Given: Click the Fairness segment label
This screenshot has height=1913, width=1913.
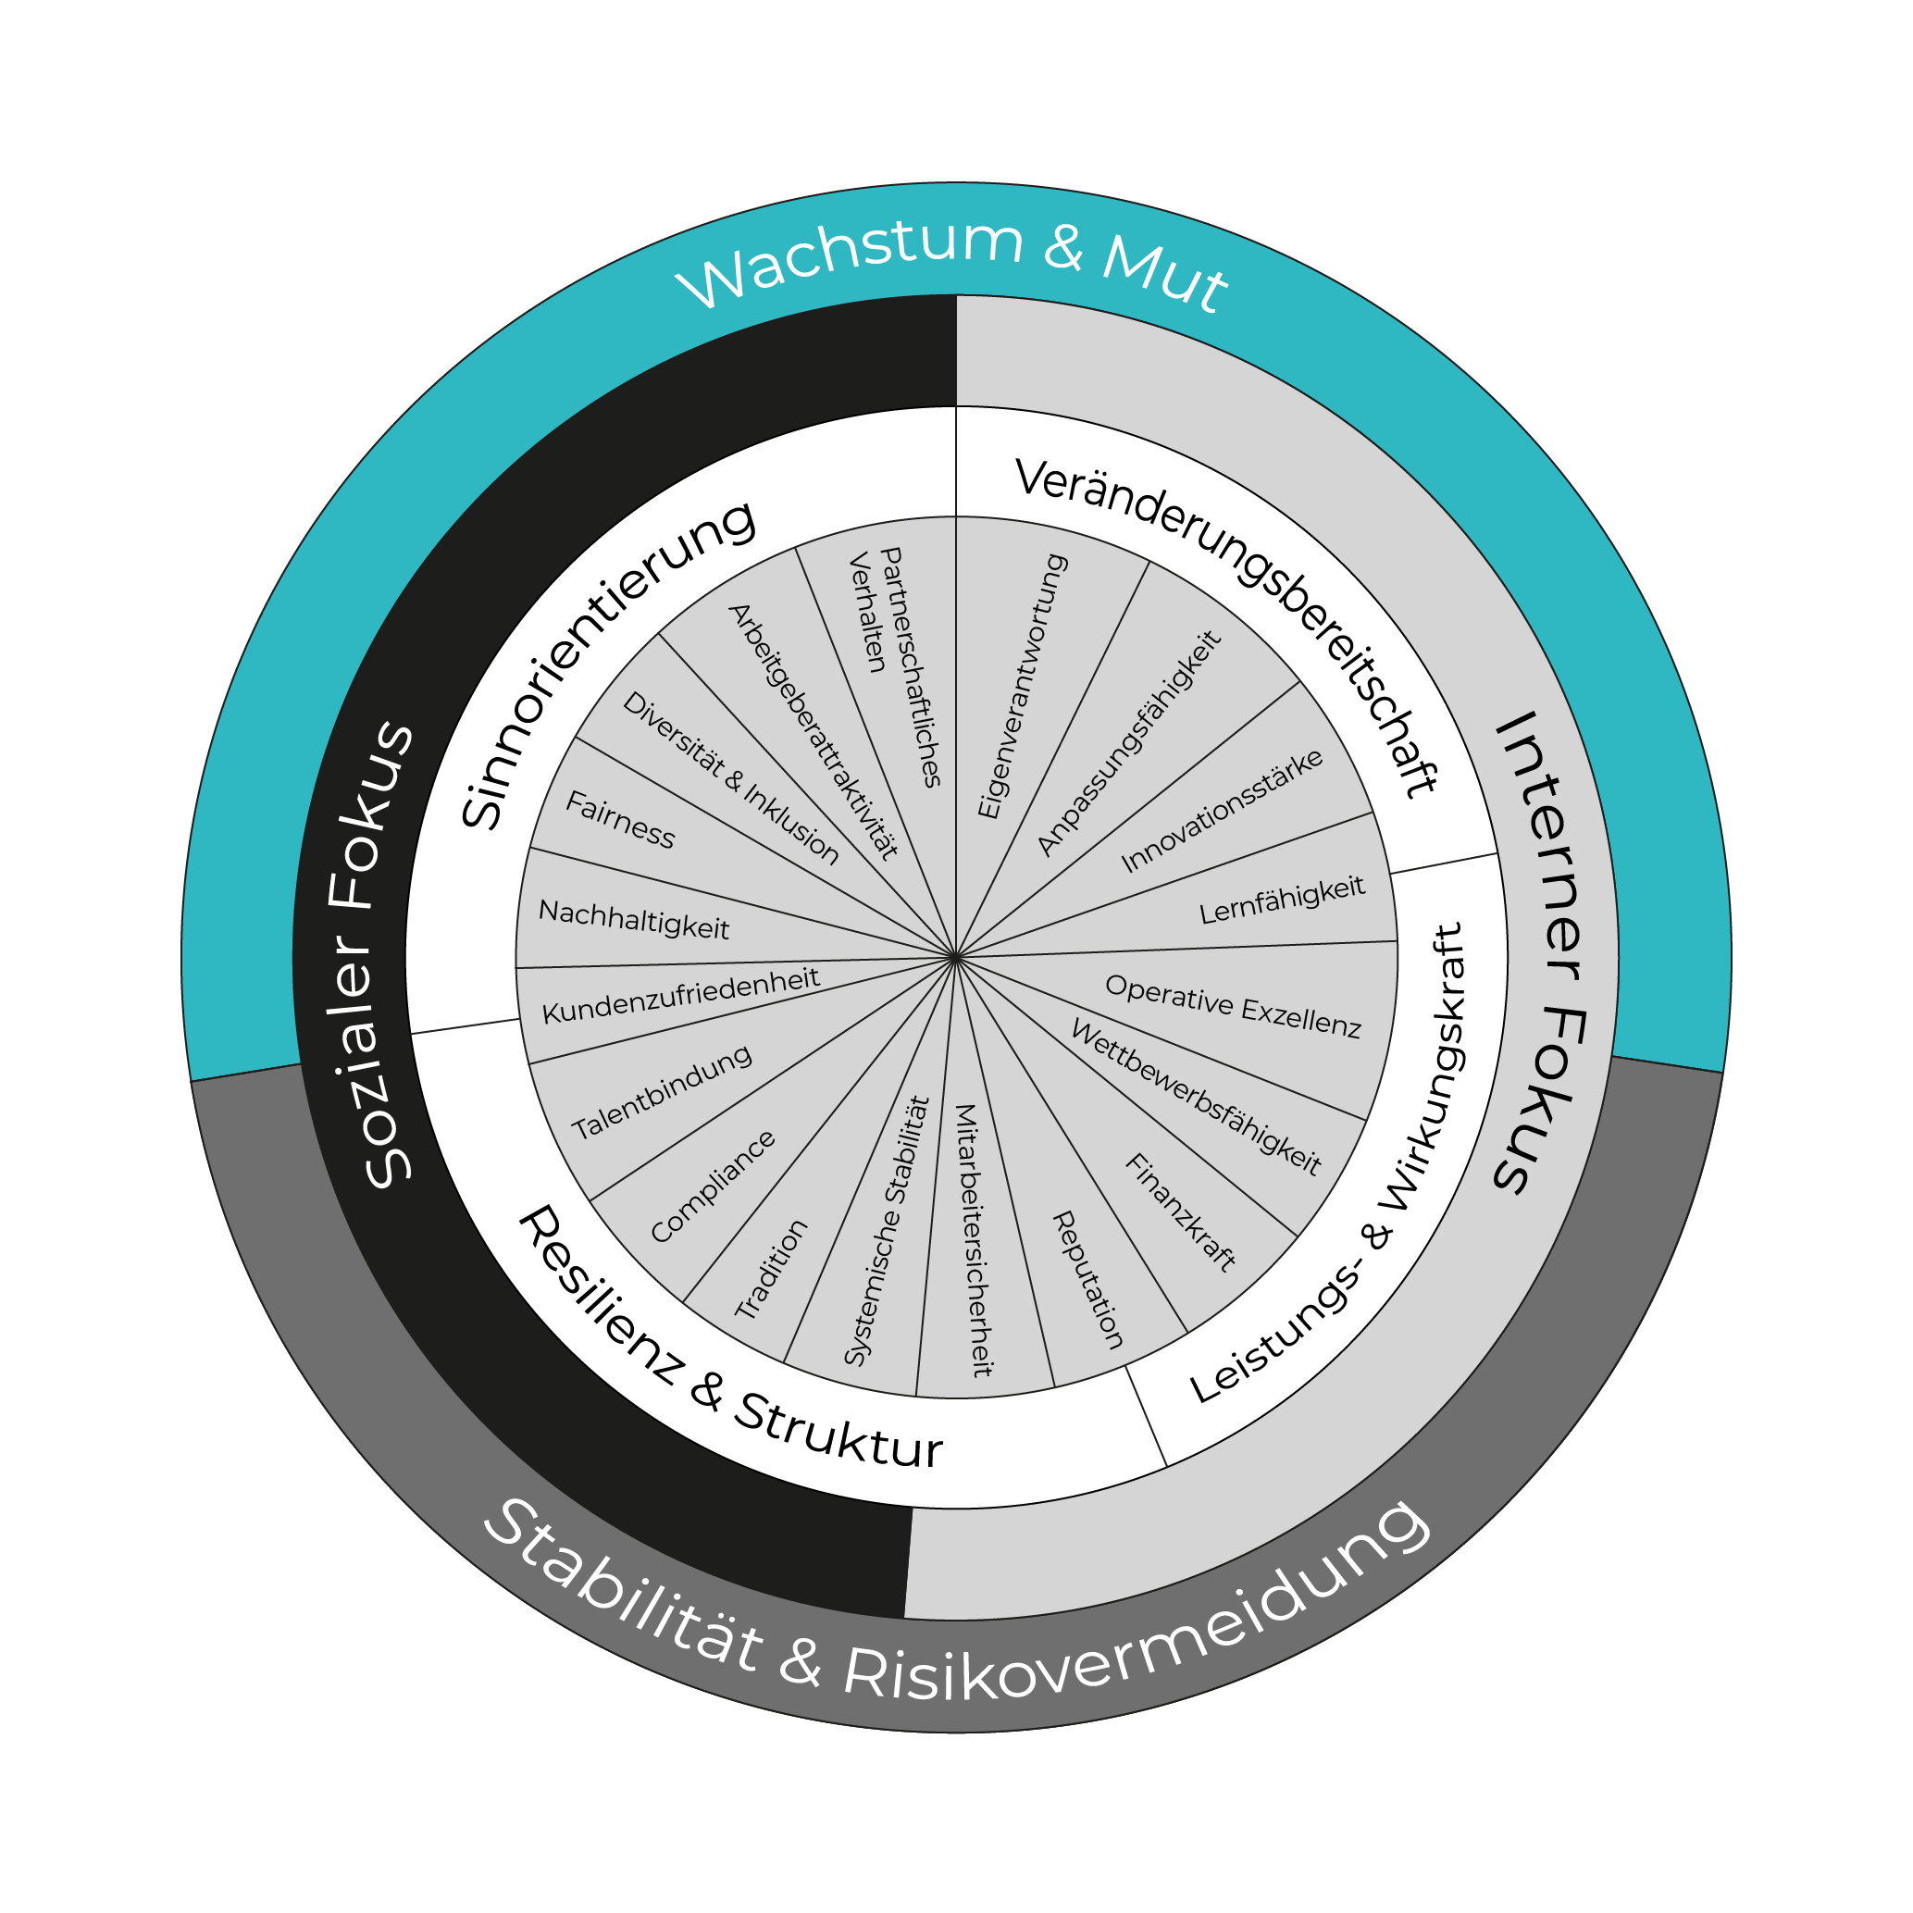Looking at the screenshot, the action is point(620,821).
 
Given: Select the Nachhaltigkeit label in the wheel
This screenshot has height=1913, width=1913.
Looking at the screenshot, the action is point(634,920).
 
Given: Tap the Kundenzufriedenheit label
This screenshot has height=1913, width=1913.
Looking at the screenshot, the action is point(680,995).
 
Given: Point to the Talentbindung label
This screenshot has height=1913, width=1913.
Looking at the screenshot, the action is point(663,1093).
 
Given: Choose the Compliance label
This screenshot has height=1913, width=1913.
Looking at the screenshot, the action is point(713,1186).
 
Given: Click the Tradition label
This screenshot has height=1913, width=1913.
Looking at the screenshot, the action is point(771,1269).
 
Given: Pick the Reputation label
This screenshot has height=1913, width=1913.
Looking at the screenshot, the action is point(1087,1279).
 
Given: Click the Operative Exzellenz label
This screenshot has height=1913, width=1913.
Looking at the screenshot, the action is point(1233,1006).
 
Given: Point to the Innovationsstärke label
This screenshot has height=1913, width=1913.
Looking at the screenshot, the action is point(1222,811).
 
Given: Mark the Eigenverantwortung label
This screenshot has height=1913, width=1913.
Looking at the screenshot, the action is point(1022,686).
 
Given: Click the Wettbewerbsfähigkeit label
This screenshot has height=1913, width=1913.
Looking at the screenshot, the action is point(1196,1098).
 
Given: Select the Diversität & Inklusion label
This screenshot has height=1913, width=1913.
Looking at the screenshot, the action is point(731,777).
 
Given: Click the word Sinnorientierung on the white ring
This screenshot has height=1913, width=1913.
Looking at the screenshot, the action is point(607,665).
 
